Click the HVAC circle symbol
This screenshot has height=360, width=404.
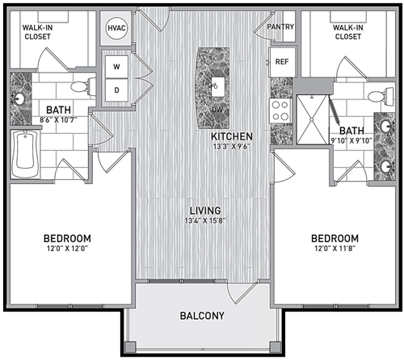tap(116, 28)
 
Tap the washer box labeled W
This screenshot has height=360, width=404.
tap(116, 66)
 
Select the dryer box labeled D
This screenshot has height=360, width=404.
tap(116, 90)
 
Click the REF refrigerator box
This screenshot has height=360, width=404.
tap(282, 62)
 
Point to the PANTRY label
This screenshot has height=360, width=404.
tap(280, 27)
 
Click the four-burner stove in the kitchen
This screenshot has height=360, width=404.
tap(280, 111)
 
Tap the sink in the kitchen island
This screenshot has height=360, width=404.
tap(217, 87)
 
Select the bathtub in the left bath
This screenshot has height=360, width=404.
tap(25, 154)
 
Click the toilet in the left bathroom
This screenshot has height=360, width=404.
tap(83, 86)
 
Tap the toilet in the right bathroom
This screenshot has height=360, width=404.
tap(382, 96)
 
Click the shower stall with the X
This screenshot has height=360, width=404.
tap(313, 119)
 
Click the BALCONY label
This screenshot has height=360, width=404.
tap(202, 316)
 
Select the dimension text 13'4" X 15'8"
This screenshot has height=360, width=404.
tap(205, 221)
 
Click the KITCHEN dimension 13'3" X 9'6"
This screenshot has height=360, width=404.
tap(231, 147)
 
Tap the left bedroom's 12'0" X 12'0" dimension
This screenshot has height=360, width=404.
tap(67, 248)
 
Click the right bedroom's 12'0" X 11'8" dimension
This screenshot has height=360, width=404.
tap(335, 248)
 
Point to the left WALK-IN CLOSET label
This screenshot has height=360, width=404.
tap(37, 32)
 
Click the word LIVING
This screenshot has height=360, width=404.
tap(205, 211)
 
